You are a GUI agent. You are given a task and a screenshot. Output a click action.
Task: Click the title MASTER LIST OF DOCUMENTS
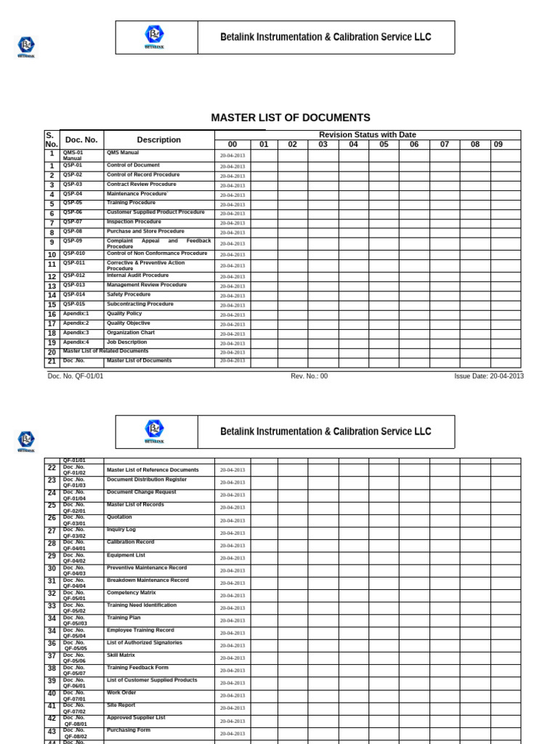coord(290,118)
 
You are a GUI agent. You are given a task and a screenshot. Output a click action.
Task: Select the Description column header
coord(158,139)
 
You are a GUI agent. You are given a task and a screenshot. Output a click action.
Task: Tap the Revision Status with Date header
coord(367,134)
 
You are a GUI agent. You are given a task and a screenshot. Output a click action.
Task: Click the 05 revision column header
coord(384,145)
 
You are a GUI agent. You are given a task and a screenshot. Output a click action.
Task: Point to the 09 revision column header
coord(498,145)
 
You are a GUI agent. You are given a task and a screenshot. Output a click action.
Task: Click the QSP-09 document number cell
coord(73,240)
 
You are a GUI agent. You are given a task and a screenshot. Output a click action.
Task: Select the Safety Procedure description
coord(129,294)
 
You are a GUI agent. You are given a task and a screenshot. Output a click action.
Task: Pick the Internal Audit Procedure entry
coord(137,275)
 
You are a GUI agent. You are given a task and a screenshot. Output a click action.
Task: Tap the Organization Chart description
coord(131,332)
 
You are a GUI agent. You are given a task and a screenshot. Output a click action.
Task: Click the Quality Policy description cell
coord(124,313)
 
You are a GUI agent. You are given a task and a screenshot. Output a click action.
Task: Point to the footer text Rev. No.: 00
coord(309,376)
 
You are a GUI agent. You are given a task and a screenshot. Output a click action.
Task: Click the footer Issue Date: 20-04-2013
coord(488,376)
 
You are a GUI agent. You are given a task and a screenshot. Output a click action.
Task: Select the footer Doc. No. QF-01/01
coord(76,376)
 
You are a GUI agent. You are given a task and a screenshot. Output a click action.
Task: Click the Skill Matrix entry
coord(121,655)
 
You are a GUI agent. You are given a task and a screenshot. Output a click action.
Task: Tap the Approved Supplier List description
coord(136,717)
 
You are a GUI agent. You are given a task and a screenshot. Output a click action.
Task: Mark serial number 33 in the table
coord(52,606)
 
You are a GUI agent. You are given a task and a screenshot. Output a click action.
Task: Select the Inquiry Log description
coord(121,530)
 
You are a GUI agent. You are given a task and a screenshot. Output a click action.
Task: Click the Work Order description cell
coord(121,692)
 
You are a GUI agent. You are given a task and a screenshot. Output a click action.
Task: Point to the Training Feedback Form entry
coord(137,667)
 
